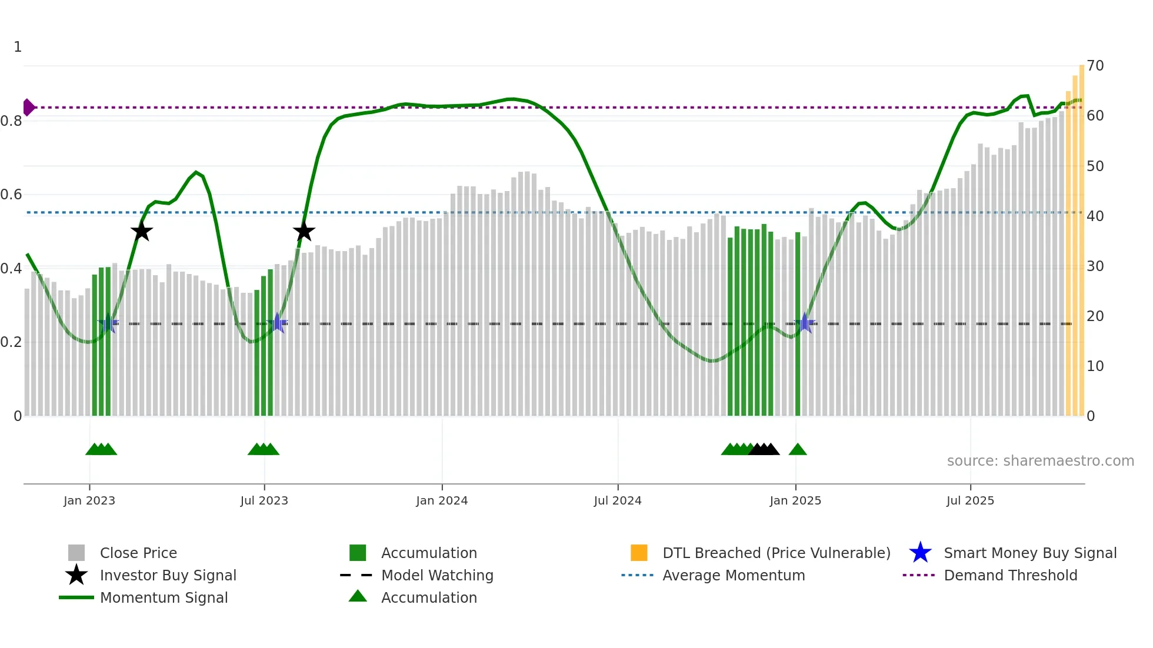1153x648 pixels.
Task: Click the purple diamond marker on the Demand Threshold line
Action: pos(28,108)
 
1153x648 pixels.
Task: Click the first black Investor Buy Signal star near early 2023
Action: pos(142,232)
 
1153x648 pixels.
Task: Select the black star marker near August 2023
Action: pos(304,232)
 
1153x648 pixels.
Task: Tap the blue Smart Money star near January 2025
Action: pos(805,323)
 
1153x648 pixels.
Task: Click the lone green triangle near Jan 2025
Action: pos(798,449)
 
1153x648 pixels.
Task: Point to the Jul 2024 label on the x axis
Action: pos(618,500)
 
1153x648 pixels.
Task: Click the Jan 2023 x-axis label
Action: pos(89,500)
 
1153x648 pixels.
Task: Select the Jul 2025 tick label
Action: pos(970,500)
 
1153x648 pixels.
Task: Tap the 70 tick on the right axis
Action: pos(1095,66)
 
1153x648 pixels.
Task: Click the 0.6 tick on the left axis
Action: pos(12,195)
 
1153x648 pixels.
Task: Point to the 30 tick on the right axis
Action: pos(1095,266)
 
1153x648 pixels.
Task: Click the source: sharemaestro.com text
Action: pos(1040,461)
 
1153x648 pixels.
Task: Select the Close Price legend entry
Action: pos(138,553)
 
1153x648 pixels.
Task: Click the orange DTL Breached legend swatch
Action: pos(639,553)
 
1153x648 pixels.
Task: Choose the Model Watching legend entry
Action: pos(437,575)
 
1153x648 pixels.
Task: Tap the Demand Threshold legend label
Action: pos(1010,575)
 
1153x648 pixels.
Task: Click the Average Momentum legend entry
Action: pos(733,575)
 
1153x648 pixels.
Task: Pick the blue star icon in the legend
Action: pos(920,553)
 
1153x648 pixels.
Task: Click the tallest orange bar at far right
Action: pos(1082,235)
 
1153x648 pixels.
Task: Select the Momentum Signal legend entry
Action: pos(164,597)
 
